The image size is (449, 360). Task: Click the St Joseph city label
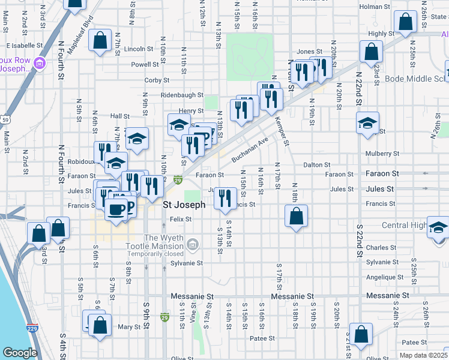184,205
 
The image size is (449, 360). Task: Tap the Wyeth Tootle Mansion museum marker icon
192,244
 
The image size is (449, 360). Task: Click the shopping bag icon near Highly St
406,22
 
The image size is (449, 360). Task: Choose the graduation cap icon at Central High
438,227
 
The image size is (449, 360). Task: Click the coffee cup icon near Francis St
116,209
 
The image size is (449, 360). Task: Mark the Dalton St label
317,164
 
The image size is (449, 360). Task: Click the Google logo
20,353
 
